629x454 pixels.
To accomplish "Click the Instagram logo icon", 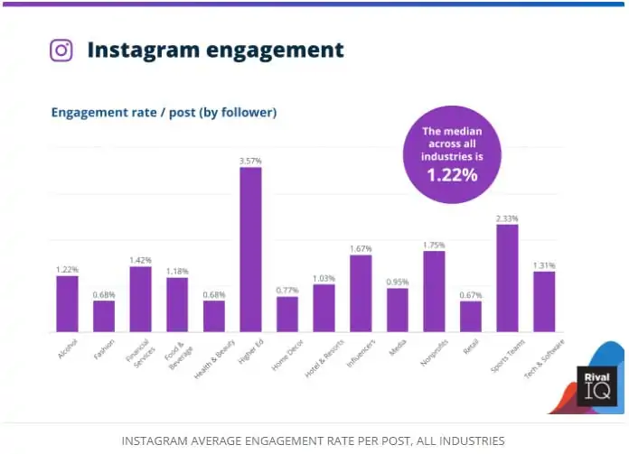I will coord(61,50).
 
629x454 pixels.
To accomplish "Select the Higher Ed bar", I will coord(250,249).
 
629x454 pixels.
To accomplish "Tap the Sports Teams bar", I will coord(507,278).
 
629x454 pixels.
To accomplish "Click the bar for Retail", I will coord(470,316).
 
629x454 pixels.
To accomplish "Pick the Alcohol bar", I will coord(67,303).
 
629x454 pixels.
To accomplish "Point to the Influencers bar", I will coord(361,293).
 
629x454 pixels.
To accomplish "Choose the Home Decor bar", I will coord(287,313).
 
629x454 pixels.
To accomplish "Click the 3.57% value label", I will coord(250,161).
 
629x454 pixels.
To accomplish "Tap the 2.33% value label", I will coord(507,218).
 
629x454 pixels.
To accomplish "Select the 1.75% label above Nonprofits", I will coord(434,245).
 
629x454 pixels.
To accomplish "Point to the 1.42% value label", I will coord(140,260).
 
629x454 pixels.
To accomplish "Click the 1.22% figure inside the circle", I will coord(451,174).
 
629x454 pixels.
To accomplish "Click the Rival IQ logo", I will coord(596,385).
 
